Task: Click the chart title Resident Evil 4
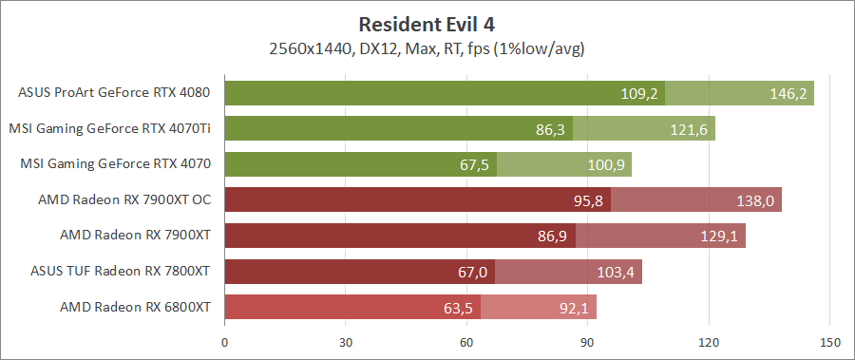tap(427, 23)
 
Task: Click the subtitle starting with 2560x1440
tap(427, 47)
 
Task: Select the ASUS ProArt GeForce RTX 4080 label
tap(114, 93)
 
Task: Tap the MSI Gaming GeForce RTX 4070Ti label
tap(109, 128)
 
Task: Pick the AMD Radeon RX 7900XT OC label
tap(123, 199)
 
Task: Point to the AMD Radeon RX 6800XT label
tap(135, 307)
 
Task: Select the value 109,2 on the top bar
tap(638, 94)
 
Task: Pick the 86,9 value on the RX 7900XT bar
tap(551, 237)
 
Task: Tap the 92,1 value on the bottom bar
tap(574, 308)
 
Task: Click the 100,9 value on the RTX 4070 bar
tap(605, 165)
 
